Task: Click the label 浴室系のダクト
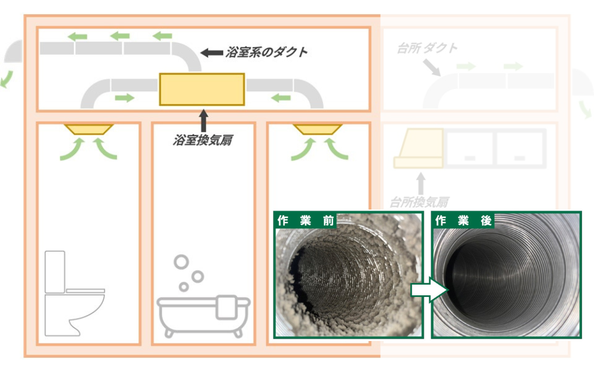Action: click(266, 52)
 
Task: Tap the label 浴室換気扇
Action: click(203, 140)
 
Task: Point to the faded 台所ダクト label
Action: click(427, 48)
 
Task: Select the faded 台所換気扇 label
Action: click(419, 202)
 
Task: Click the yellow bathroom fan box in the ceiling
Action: click(202, 89)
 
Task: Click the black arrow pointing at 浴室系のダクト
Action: click(211, 52)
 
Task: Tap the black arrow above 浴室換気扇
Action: click(203, 121)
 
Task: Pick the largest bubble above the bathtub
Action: click(181, 262)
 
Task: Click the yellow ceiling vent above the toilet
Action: click(89, 129)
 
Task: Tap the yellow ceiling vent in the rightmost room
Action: click(317, 129)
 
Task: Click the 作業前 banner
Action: click(305, 220)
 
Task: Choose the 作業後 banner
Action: click(463, 220)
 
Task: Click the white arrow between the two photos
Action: click(429, 290)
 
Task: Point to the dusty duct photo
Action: click(349, 275)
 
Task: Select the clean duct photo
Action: click(507, 275)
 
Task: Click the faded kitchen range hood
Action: click(419, 148)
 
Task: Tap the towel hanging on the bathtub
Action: click(226, 307)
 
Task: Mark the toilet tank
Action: click(55, 272)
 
